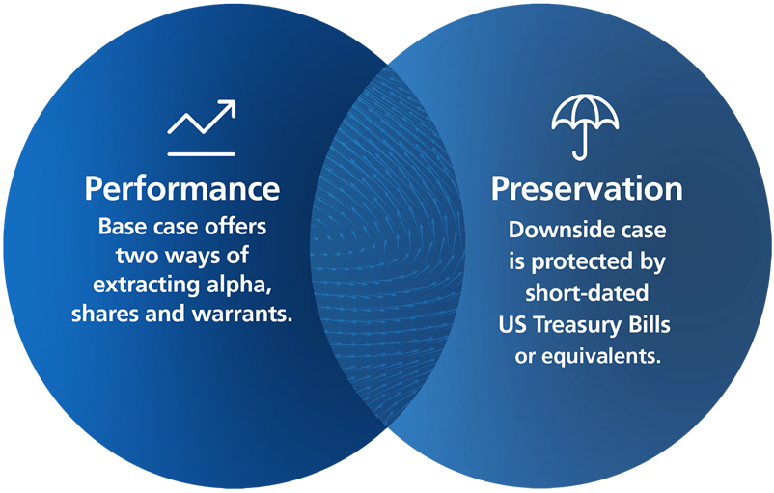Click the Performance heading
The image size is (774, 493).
(181, 188)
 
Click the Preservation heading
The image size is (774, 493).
(586, 188)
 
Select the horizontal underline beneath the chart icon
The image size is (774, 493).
(201, 153)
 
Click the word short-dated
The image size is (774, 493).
(586, 293)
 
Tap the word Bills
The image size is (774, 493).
(650, 324)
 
